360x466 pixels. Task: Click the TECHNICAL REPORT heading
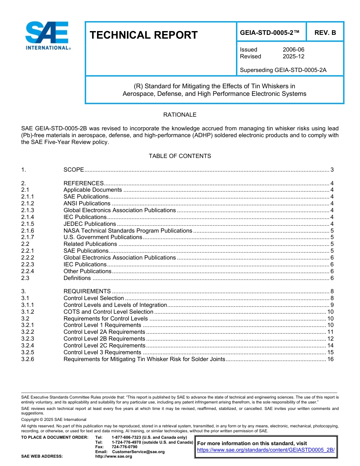coord(144,35)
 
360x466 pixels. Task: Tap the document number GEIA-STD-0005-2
coord(270,33)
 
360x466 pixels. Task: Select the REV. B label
coord(325,33)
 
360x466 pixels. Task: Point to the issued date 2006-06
coord(293,50)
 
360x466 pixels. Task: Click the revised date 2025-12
coord(293,56)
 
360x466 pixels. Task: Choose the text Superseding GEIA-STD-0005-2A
coord(283,70)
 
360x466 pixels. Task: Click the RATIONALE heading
coord(180,115)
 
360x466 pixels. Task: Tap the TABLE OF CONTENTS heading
coord(180,156)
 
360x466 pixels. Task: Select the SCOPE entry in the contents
coord(74,170)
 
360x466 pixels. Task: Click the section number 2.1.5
coord(28,224)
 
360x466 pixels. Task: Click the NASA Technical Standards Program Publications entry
coord(128,231)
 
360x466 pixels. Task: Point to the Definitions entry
coord(77,278)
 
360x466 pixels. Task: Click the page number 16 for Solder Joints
coord(330,359)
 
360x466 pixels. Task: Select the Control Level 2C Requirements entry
coord(104,346)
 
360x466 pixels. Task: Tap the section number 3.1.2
coord(28,312)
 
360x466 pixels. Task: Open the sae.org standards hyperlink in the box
coord(266,450)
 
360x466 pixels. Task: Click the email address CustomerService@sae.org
coord(138,452)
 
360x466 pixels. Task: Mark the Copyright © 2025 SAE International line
coord(54,419)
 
